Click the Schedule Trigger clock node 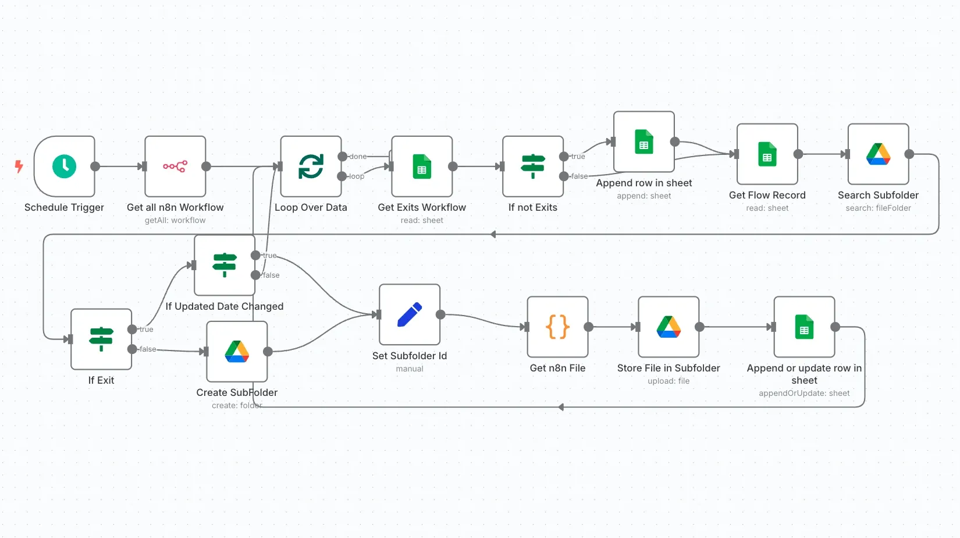pyautogui.click(x=64, y=167)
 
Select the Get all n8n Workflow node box pyautogui.click(x=175, y=167)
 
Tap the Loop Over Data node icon pyautogui.click(x=311, y=167)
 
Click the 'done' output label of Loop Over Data pyautogui.click(x=358, y=157)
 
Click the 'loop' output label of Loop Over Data pyautogui.click(x=357, y=176)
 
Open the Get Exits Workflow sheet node pyautogui.click(x=422, y=167)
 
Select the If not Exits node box pyautogui.click(x=533, y=167)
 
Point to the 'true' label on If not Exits pyautogui.click(x=578, y=157)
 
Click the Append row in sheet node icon pyautogui.click(x=643, y=141)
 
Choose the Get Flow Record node pyautogui.click(x=767, y=154)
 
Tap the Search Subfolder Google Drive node pyautogui.click(x=878, y=154)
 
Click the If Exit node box pyautogui.click(x=101, y=339)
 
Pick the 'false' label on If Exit pyautogui.click(x=148, y=349)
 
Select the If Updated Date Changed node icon pyautogui.click(x=225, y=265)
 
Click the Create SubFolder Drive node pyautogui.click(x=237, y=351)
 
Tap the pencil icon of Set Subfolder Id pyautogui.click(x=409, y=314)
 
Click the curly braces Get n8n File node pyautogui.click(x=557, y=327)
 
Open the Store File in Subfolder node pyautogui.click(x=669, y=327)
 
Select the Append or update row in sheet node pyautogui.click(x=804, y=327)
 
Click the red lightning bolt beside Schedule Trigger pyautogui.click(x=19, y=167)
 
